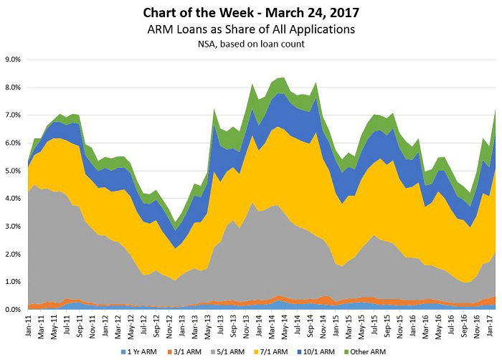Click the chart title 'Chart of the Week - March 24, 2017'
point(251,12)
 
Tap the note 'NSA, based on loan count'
point(251,44)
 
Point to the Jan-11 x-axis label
point(29,324)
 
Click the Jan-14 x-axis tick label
point(257,324)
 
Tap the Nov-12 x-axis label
point(169,324)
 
